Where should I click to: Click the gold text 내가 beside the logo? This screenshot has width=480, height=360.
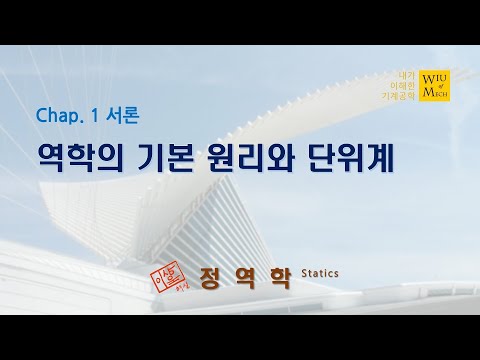406,75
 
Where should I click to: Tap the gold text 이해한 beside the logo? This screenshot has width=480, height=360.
403,86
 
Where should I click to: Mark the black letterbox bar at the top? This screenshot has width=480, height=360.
240,22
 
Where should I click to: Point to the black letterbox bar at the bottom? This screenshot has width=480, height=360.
240,337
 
